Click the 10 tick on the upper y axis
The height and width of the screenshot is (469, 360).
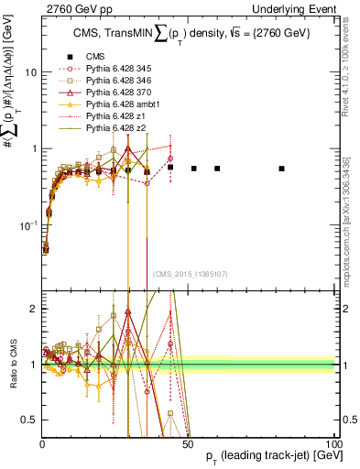click(30, 71)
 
